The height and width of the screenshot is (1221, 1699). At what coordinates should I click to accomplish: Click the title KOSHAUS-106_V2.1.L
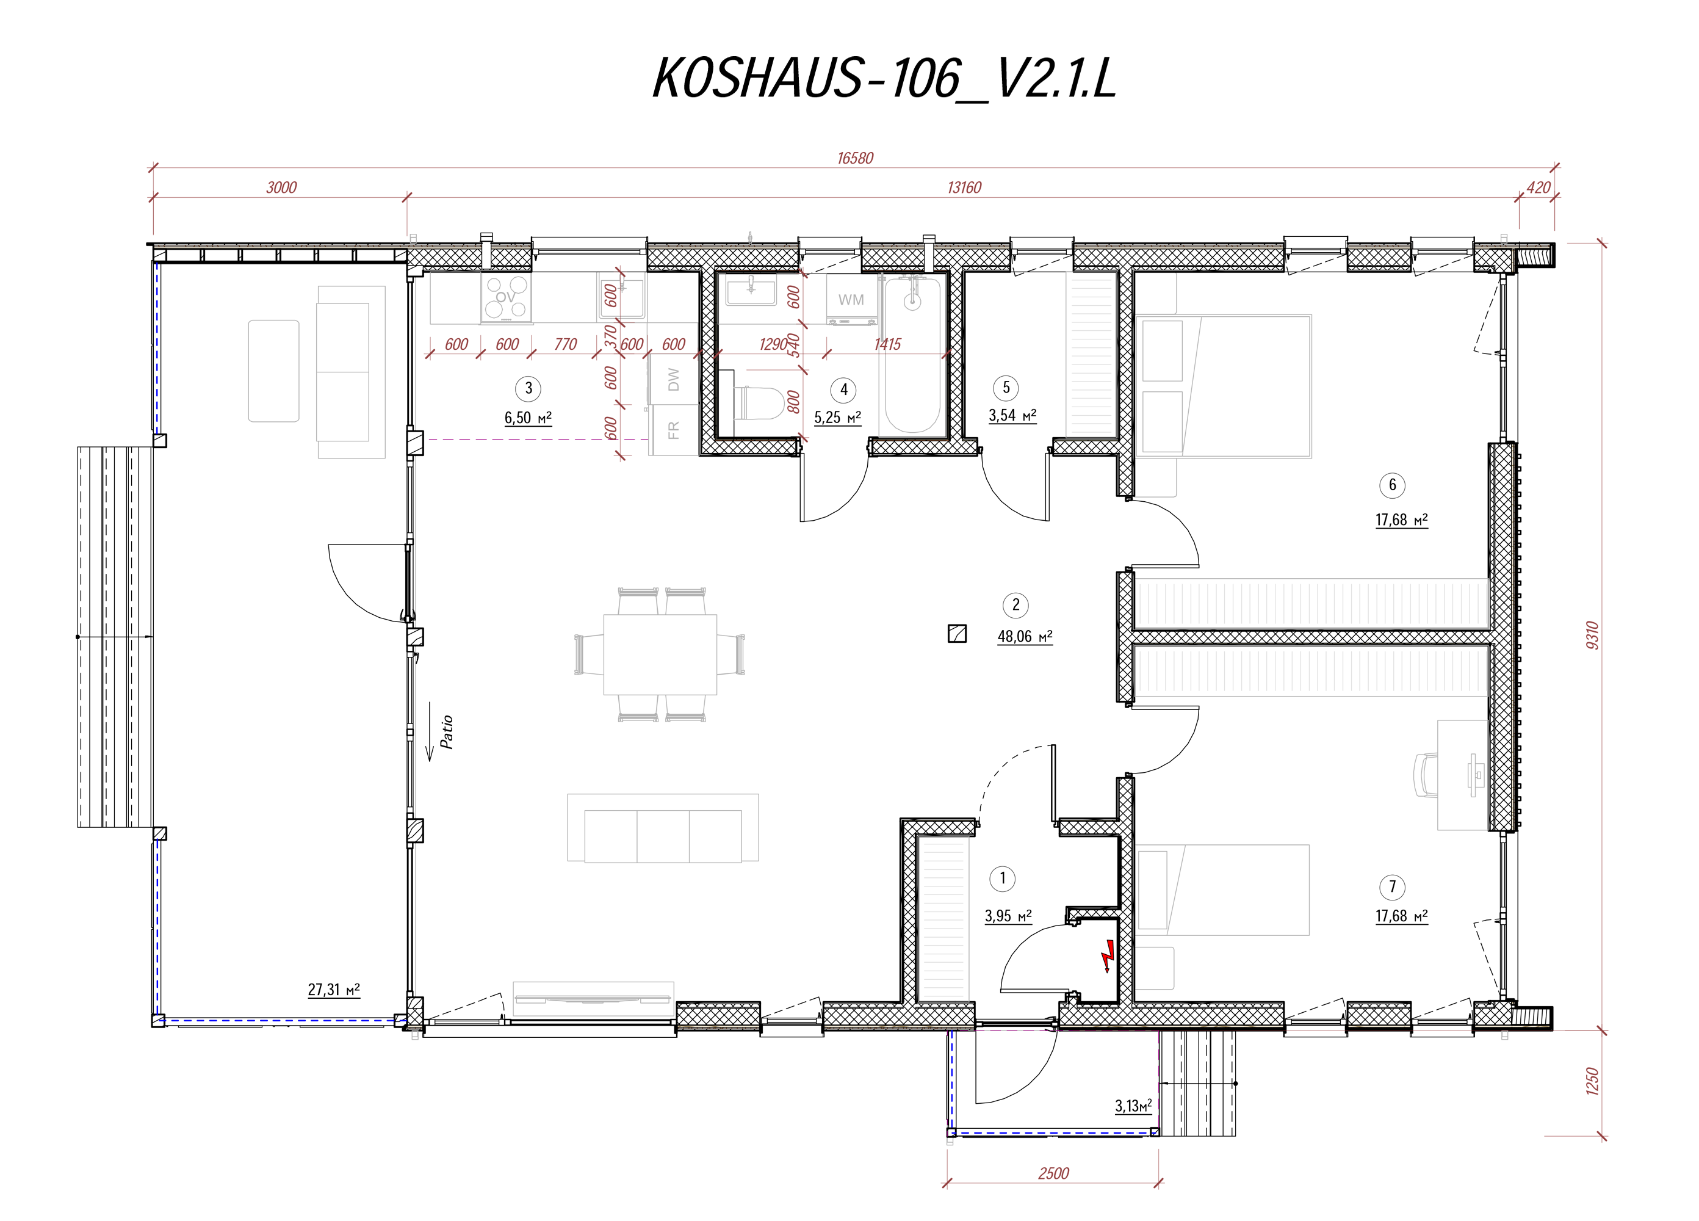tap(884, 78)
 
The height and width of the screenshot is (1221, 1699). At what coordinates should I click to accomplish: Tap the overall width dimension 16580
tap(855, 158)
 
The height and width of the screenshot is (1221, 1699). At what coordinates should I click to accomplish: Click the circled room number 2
tap(1016, 605)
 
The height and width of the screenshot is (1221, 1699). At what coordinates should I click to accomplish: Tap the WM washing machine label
tap(851, 300)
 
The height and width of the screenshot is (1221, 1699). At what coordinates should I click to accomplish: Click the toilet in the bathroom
tap(757, 402)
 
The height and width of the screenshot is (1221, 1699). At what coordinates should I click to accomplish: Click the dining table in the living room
tap(660, 654)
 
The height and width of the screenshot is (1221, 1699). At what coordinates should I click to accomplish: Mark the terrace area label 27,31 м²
tap(333, 990)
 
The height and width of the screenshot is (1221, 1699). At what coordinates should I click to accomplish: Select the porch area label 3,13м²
tap(1133, 1106)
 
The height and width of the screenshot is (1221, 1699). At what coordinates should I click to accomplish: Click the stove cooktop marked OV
tap(507, 297)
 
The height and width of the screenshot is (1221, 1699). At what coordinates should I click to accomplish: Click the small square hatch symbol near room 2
tap(957, 634)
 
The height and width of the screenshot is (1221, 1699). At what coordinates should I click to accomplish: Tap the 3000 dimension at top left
tap(282, 187)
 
